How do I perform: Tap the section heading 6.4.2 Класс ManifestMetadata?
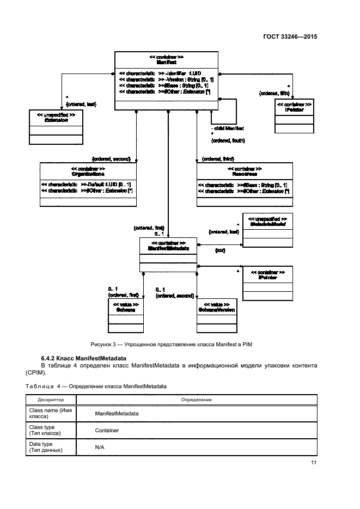tap(83, 358)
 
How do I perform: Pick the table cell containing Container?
tap(107, 430)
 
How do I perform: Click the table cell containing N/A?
tap(100, 447)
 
